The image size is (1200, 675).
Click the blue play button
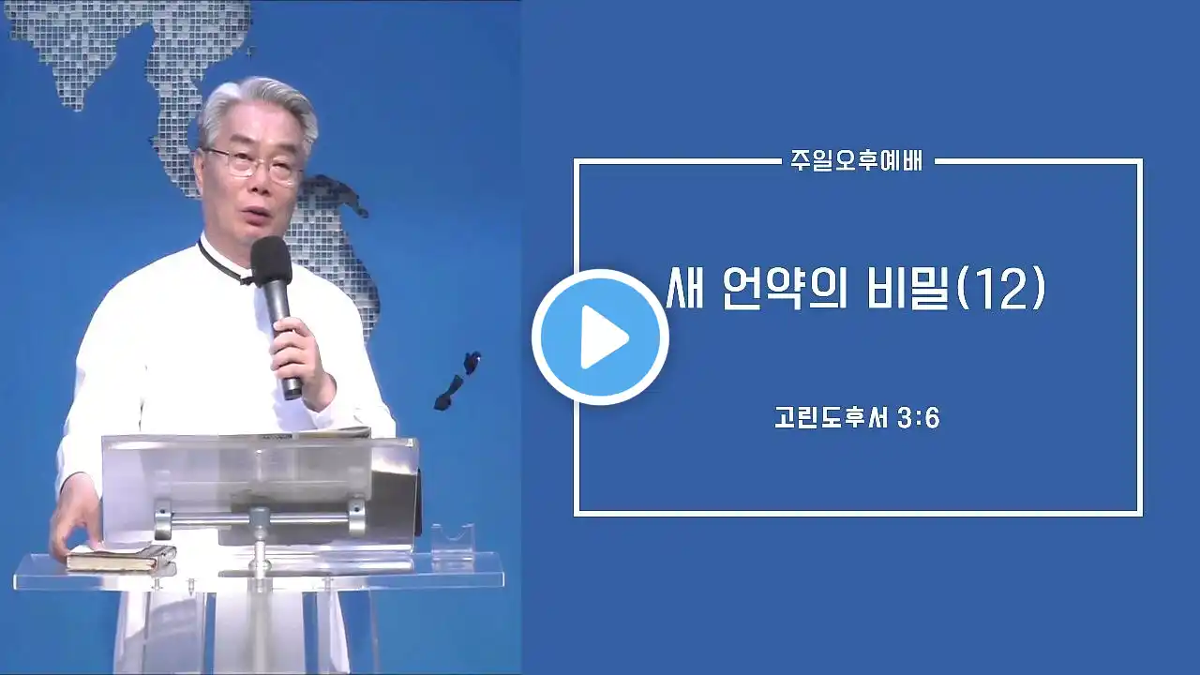point(600,337)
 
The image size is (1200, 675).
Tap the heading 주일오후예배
point(857,160)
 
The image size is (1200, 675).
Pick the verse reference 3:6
point(920,418)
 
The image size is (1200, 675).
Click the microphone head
point(271,261)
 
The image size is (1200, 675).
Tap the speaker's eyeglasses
point(252,164)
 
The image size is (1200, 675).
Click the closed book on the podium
point(121,558)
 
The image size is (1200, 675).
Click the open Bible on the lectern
point(316,433)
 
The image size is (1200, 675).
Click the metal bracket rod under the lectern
point(261,518)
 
